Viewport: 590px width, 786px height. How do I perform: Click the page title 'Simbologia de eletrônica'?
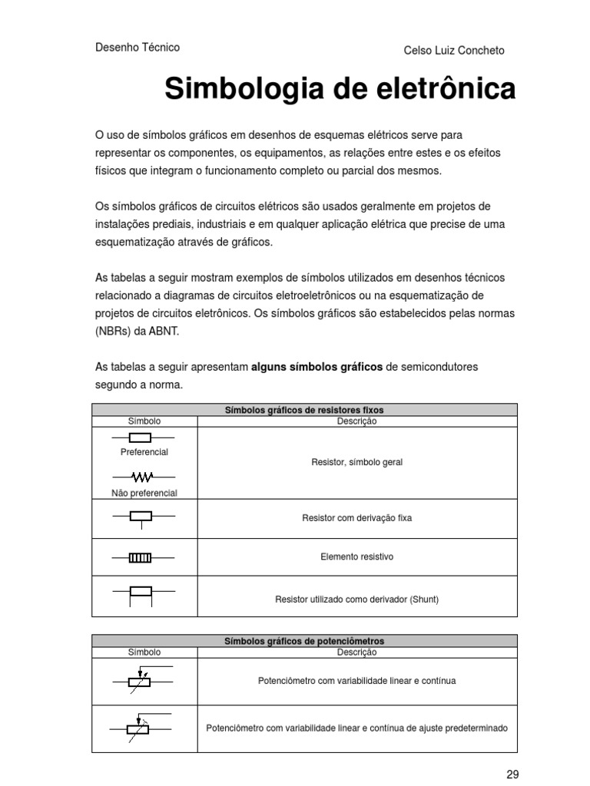[340, 89]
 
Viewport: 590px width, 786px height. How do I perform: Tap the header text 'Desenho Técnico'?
[137, 48]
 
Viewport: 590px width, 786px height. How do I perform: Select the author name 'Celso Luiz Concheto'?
[454, 51]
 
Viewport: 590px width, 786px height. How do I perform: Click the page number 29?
[512, 774]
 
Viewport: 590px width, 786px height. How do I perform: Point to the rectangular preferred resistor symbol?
[140, 438]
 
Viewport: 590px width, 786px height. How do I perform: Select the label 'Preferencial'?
[144, 452]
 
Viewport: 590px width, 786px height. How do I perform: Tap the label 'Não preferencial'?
[144, 493]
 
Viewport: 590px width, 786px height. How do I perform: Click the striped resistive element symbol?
[140, 557]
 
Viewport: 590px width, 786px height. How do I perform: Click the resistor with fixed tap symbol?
[141, 517]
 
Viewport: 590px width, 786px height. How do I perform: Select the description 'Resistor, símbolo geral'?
[356, 463]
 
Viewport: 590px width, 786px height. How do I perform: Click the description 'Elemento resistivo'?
[356, 556]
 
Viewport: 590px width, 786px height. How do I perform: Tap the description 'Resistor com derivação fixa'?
[356, 518]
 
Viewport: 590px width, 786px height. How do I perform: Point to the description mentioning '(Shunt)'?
[356, 599]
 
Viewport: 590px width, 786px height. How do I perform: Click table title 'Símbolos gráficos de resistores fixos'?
[304, 410]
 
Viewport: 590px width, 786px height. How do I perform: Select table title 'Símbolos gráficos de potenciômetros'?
[304, 641]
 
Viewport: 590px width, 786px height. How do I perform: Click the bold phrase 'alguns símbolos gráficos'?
[317, 367]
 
